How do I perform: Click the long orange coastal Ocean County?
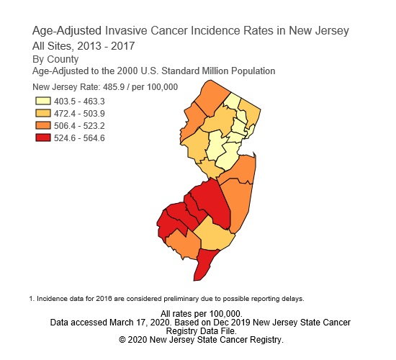click(236, 202)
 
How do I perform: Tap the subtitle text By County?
click(56, 59)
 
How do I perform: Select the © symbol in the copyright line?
click(122, 339)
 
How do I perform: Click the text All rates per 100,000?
click(201, 314)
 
